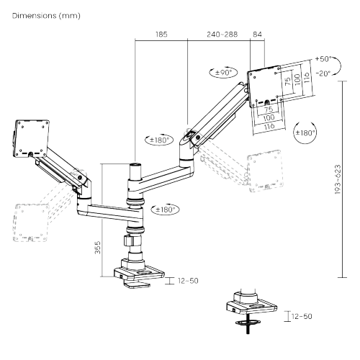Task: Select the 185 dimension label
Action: pyautogui.click(x=161, y=33)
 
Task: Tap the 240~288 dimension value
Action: pyautogui.click(x=218, y=33)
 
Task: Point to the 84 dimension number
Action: pyautogui.click(x=258, y=33)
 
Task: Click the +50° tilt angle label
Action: pyautogui.click(x=323, y=60)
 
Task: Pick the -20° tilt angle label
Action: pyautogui.click(x=323, y=72)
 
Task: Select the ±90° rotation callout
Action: pyautogui.click(x=222, y=72)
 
